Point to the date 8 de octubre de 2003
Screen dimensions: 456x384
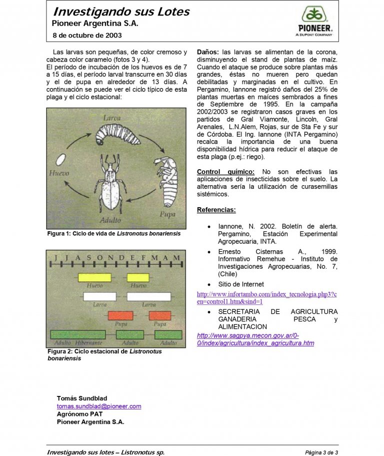pyautogui.click(x=87, y=36)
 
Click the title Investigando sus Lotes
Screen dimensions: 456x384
pyautogui.click(x=121, y=12)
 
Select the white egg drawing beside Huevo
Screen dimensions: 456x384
pyautogui.click(x=61, y=160)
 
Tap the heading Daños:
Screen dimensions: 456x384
pyautogui.click(x=208, y=52)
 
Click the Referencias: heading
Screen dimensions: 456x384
pyautogui.click(x=216, y=210)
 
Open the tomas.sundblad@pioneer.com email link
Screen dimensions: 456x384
pyautogui.click(x=99, y=406)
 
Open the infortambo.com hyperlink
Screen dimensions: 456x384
pyautogui.click(x=267, y=298)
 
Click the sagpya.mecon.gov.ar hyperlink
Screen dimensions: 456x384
pyautogui.click(x=255, y=339)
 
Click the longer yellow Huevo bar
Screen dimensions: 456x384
pyautogui.click(x=94, y=277)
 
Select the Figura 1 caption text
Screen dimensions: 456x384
pyautogui.click(x=113, y=233)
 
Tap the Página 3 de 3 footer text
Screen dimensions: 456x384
pyautogui.click(x=321, y=452)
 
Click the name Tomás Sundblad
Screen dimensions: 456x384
pyautogui.click(x=82, y=398)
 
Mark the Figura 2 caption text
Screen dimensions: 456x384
pyautogui.click(x=104, y=355)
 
